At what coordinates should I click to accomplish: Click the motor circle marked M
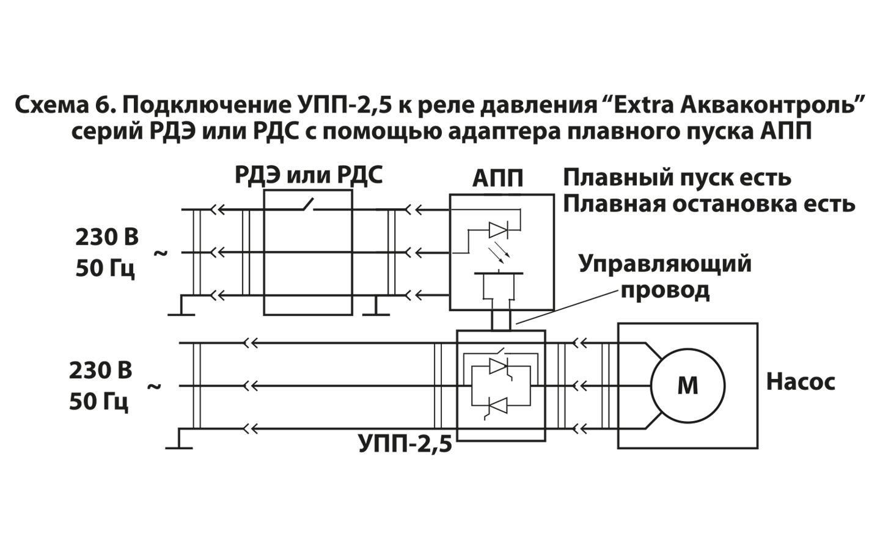tap(687, 386)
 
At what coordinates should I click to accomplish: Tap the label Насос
tap(801, 382)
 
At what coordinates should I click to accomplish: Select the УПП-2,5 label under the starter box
tap(405, 444)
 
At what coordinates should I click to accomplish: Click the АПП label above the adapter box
tap(498, 179)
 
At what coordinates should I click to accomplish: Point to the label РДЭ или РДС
tap(309, 175)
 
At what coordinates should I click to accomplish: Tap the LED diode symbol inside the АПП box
tap(497, 230)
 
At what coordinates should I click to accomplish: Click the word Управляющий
tap(665, 264)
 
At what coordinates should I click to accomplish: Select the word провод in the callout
tap(665, 290)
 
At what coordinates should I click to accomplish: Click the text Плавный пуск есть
tap(676, 178)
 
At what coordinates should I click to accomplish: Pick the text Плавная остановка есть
tap(708, 204)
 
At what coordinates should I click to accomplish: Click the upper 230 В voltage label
tap(107, 237)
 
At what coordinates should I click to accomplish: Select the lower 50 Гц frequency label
tap(98, 402)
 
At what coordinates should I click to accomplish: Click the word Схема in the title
tap(50, 105)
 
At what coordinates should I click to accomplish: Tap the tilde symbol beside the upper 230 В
tap(160, 251)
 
